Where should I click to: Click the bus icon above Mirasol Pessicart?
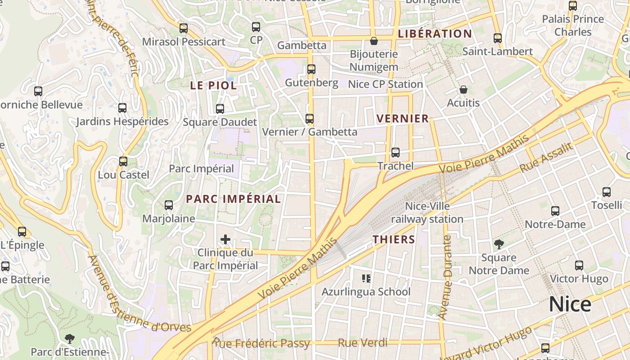coord(184,28)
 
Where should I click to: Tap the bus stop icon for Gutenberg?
coord(311,69)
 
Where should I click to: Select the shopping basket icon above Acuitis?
coord(463,90)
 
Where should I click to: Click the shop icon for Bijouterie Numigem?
coord(373,41)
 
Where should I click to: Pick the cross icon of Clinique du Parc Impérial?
coord(225,239)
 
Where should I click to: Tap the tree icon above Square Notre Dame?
coord(499,244)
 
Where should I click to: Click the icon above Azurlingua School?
coord(366,279)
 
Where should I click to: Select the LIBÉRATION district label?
coord(435,34)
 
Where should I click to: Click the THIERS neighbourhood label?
coord(394,239)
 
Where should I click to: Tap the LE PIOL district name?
coord(213,85)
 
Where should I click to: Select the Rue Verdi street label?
coord(362,343)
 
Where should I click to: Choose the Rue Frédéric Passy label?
coord(261,343)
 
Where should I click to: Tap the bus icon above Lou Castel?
coord(123,161)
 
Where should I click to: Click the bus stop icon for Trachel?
coord(396,153)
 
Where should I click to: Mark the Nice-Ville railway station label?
coord(427,213)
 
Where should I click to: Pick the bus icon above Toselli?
coord(607,192)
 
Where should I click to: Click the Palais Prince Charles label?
coord(573,25)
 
